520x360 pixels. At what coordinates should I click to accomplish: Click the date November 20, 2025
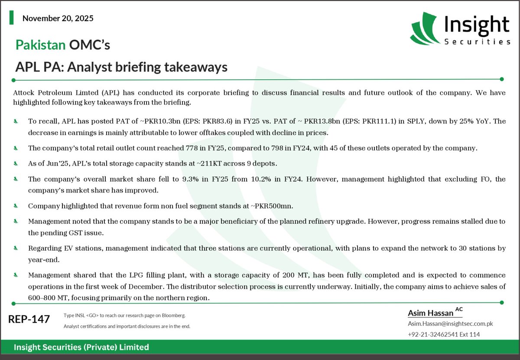click(58, 19)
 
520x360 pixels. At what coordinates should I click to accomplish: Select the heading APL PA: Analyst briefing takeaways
click(121, 67)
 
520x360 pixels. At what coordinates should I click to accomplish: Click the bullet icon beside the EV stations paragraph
click(16, 248)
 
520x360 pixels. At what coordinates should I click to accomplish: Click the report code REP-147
click(29, 320)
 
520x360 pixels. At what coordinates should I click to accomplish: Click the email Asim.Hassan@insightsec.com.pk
click(450, 324)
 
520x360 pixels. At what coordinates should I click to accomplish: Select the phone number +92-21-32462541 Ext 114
click(444, 334)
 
